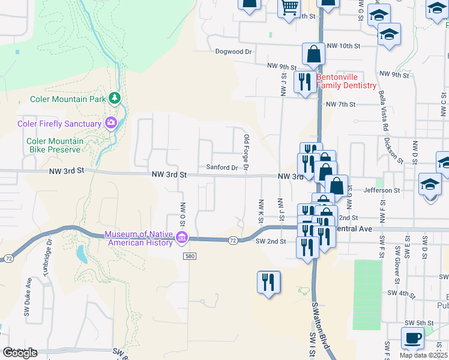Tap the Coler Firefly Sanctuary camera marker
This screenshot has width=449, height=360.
click(111, 124)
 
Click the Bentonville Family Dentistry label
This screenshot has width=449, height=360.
click(346, 82)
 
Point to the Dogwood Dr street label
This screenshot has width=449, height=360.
click(234, 52)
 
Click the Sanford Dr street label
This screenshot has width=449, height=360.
click(222, 167)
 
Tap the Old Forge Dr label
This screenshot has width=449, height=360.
click(246, 152)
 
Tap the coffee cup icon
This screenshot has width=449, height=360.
click(412, 338)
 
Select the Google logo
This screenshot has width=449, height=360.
click(19, 353)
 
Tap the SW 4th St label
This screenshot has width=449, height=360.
click(402, 293)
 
